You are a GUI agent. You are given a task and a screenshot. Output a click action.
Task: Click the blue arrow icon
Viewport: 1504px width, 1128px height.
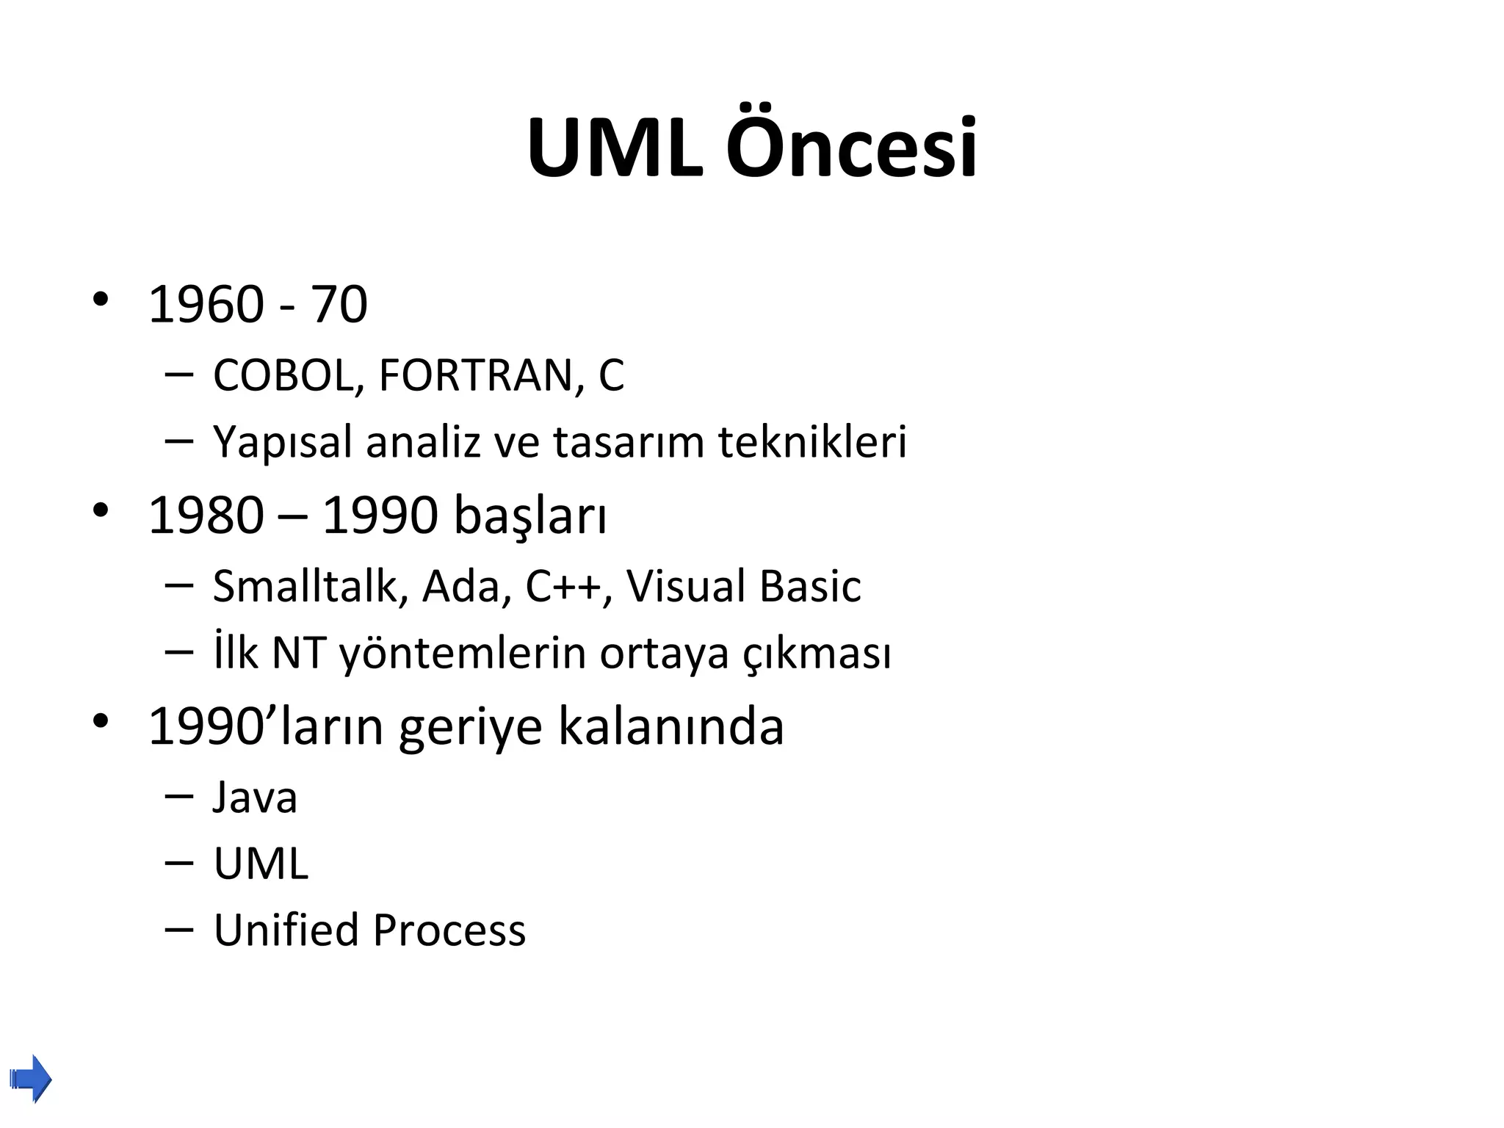point(32,1079)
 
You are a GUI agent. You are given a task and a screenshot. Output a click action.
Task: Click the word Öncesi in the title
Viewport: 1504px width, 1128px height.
point(851,149)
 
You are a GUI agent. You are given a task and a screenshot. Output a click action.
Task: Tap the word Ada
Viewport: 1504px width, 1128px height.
point(460,586)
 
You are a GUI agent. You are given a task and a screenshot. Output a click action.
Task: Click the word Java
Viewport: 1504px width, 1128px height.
point(255,798)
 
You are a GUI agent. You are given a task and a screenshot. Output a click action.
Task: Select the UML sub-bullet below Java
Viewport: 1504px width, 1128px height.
point(261,864)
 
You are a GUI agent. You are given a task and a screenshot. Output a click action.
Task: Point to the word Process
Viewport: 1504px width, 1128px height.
point(449,930)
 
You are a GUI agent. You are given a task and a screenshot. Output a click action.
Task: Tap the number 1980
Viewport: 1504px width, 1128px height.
point(206,516)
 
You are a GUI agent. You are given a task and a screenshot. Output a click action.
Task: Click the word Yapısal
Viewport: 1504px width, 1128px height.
point(283,443)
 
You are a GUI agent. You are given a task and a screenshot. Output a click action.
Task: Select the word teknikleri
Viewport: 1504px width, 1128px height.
point(812,442)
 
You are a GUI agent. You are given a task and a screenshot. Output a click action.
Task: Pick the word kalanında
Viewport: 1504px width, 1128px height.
point(671,727)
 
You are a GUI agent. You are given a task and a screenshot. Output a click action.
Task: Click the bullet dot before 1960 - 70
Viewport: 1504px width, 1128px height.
point(101,300)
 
